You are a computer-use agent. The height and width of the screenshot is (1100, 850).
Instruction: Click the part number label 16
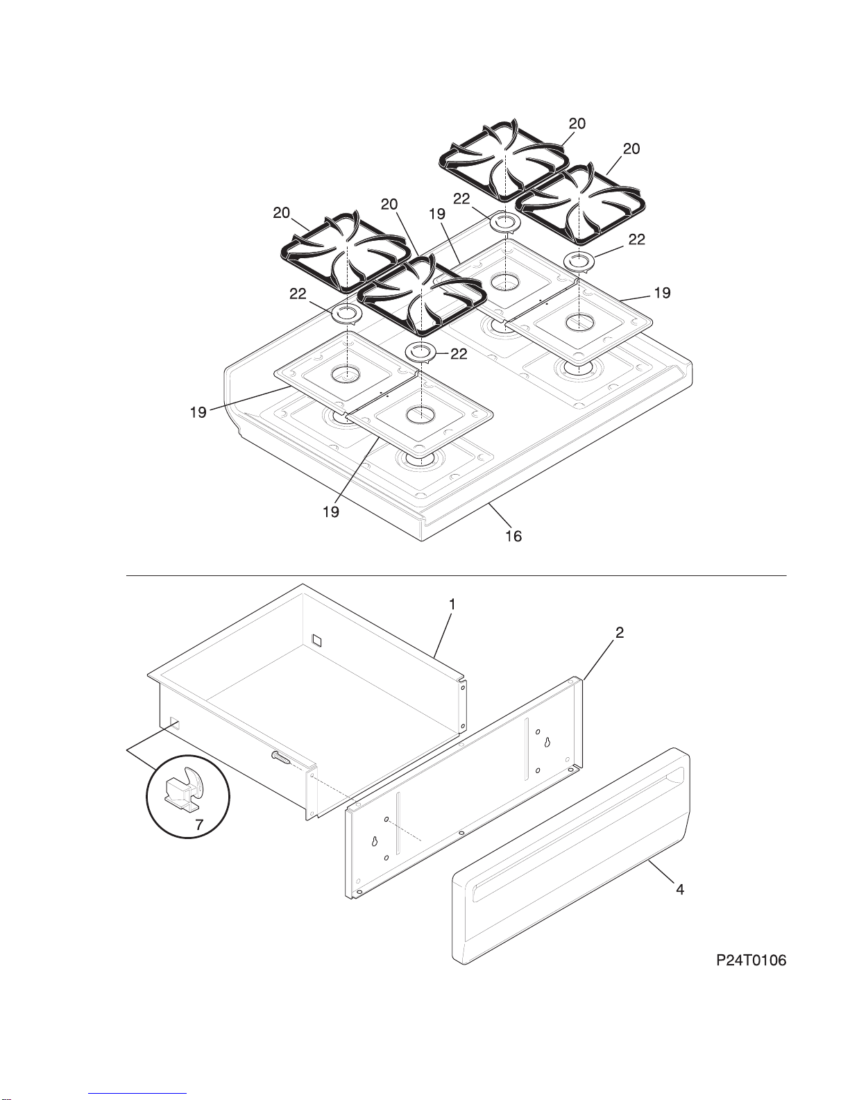tap(513, 536)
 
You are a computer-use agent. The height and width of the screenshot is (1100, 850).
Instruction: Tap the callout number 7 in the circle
tap(199, 825)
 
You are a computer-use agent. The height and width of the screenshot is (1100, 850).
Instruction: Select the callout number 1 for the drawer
tap(452, 604)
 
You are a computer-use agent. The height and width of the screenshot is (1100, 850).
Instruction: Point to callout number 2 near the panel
tap(620, 632)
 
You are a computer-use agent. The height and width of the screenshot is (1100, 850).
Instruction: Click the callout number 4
tap(680, 889)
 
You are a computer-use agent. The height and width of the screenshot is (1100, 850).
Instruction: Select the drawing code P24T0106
tap(751, 961)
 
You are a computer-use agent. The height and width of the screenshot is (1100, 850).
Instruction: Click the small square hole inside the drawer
tap(316, 638)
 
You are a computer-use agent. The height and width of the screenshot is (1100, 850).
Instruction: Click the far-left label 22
tap(298, 294)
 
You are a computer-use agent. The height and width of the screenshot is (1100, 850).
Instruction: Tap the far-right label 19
tap(662, 293)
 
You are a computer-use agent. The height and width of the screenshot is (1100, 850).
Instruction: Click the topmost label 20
tap(577, 124)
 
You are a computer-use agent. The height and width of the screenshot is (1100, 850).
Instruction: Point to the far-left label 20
tap(281, 213)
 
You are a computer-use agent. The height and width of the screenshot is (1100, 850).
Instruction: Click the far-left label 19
tap(198, 412)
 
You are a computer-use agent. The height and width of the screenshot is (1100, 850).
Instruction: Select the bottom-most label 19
tap(331, 511)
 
